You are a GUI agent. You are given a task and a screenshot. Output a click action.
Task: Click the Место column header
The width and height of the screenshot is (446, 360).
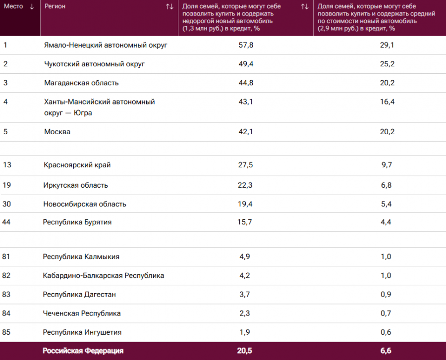13,6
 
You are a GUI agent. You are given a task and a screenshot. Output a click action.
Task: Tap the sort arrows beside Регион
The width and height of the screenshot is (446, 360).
169,6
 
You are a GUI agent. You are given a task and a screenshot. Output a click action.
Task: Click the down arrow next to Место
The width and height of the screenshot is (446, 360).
32,6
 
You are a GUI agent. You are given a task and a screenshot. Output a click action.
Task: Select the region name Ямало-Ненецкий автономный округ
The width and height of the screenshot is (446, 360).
106,45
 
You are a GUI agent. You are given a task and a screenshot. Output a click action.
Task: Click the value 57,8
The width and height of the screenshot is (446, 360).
246,45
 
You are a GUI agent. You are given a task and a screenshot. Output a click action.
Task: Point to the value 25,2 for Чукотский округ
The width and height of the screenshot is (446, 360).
387,64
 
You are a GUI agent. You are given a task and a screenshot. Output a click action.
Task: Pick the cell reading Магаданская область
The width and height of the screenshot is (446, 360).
81,83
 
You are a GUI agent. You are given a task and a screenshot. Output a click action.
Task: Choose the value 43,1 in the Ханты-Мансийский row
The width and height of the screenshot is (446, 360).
246,102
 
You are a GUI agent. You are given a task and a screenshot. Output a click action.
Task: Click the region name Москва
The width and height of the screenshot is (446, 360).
57,132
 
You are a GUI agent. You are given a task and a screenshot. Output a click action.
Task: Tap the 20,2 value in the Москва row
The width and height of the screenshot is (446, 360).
387,132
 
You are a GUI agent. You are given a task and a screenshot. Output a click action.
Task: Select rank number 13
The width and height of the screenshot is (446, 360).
7,165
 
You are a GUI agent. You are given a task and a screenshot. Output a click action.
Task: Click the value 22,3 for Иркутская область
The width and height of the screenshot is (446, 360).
246,185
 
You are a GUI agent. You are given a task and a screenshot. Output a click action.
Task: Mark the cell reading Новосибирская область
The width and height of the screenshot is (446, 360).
85,204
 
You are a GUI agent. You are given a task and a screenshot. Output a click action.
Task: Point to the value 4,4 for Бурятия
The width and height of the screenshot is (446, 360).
386,222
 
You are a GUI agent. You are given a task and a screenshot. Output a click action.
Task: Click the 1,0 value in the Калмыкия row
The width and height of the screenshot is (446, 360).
386,257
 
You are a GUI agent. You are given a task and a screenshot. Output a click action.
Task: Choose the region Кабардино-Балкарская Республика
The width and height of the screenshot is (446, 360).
104,275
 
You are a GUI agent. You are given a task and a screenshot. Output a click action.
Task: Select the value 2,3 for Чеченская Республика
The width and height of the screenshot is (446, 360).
245,313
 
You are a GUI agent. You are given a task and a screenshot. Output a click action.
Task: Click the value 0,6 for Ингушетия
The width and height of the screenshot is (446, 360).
386,332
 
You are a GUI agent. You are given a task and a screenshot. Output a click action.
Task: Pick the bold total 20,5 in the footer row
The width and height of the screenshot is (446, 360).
245,351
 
